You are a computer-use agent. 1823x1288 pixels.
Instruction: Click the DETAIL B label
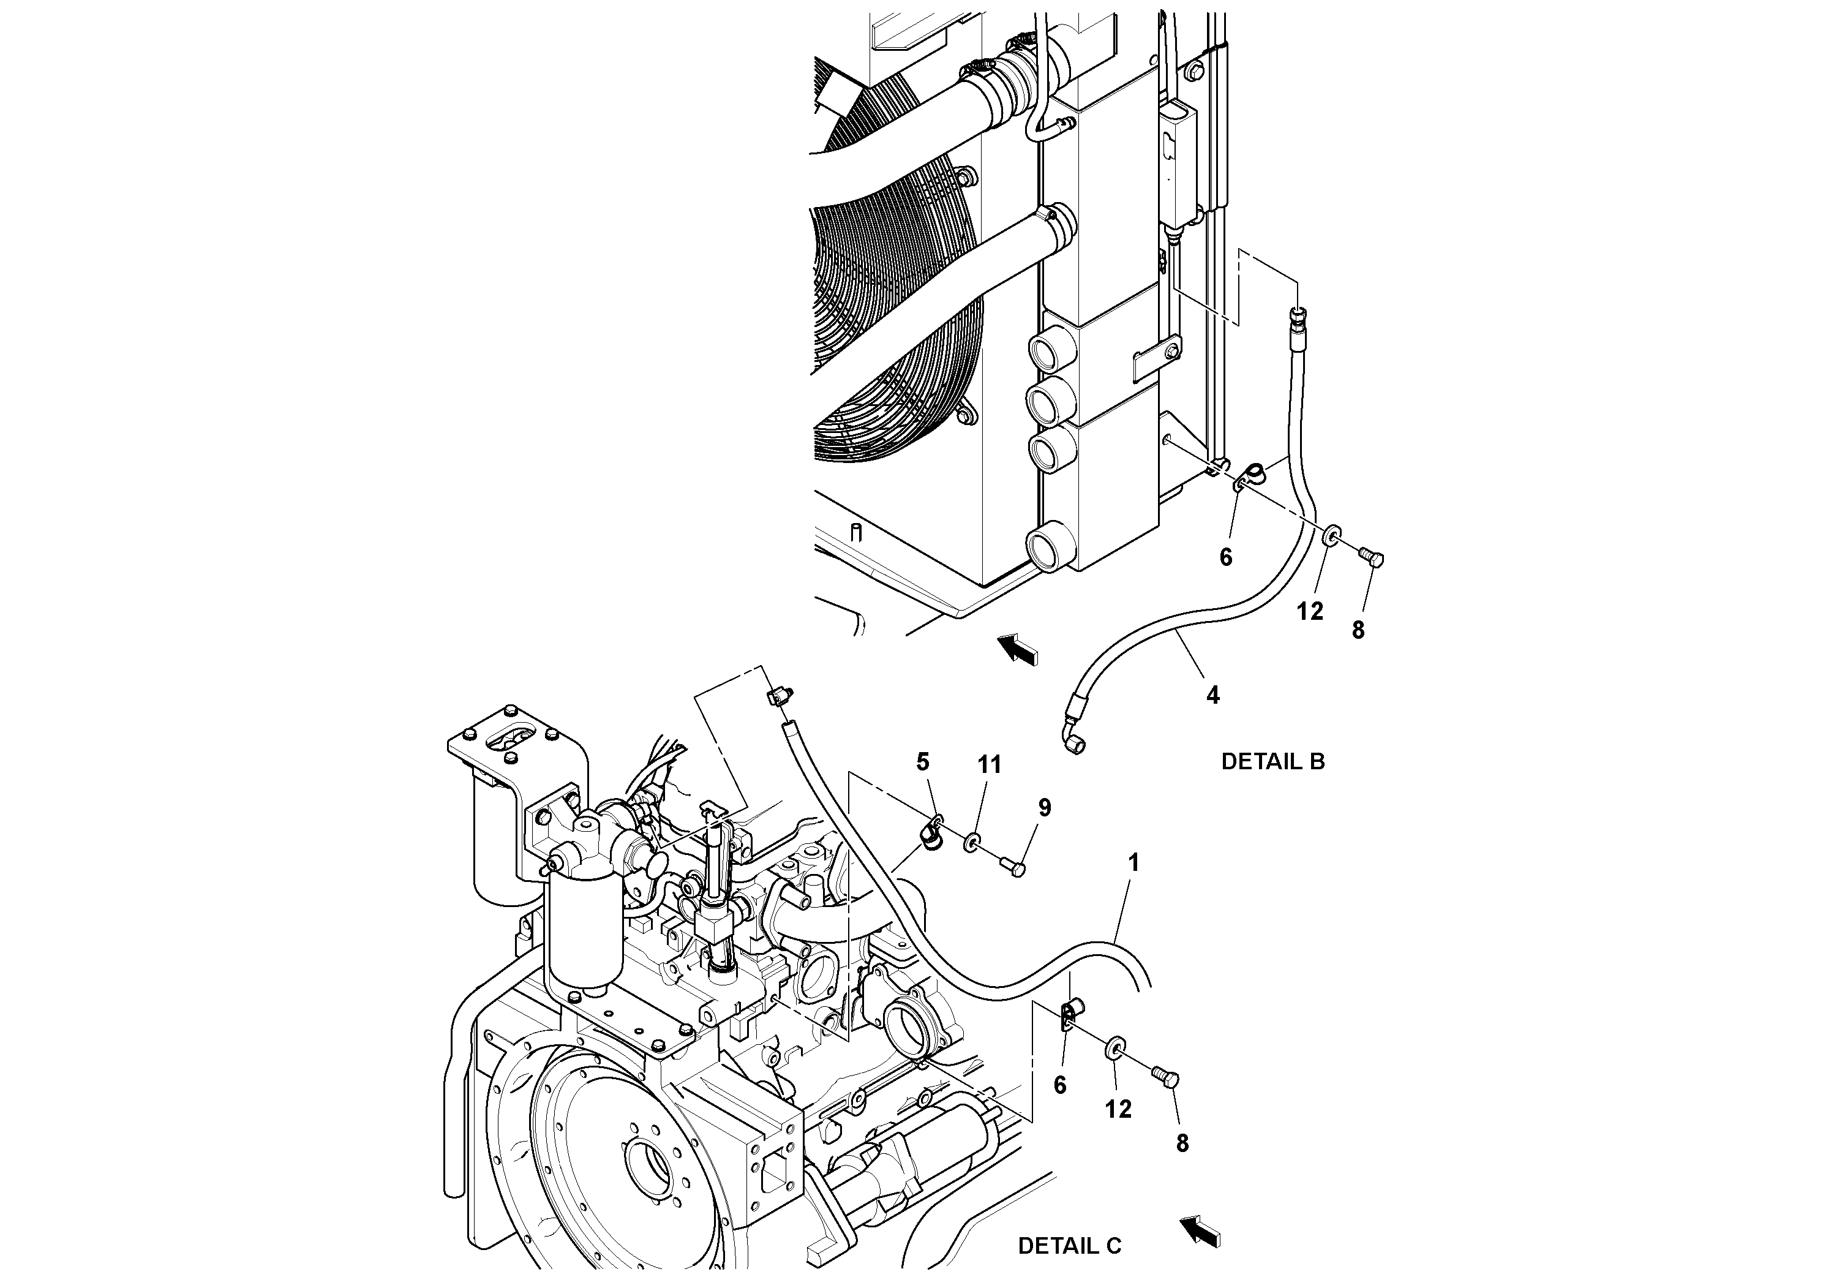[x=1272, y=761]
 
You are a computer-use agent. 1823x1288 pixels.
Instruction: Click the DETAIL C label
[x=1070, y=1246]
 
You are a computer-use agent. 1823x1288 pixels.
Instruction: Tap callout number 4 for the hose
[x=1212, y=696]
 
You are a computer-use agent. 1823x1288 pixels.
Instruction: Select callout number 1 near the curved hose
[x=1134, y=862]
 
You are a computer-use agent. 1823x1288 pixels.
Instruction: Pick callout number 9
[x=1045, y=808]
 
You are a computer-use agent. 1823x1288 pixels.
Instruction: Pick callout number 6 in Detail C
[x=1060, y=1085]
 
